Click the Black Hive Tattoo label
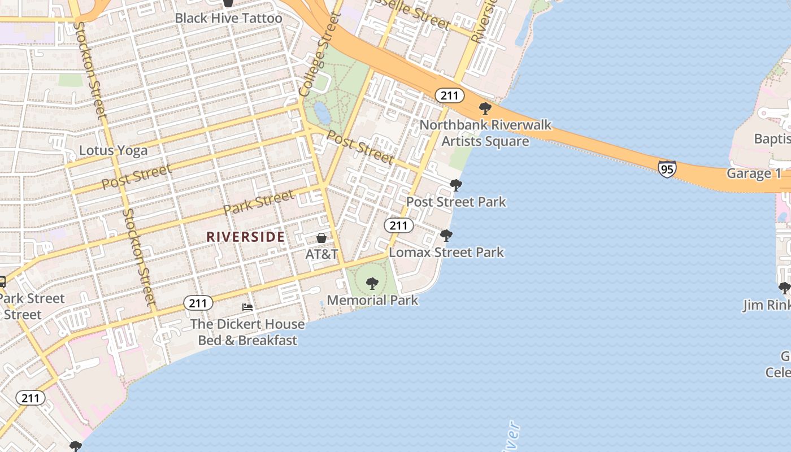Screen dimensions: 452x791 point(228,18)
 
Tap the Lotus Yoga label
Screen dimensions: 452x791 point(113,150)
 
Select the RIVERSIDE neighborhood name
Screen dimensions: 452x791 point(245,237)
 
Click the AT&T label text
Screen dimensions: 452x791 point(321,254)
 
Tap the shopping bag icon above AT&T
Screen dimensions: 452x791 point(321,238)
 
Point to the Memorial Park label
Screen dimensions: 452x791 point(372,300)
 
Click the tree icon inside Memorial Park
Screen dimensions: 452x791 point(372,284)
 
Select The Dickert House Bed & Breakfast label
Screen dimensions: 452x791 point(247,332)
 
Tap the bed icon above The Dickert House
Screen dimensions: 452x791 point(247,307)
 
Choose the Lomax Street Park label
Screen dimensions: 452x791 point(446,252)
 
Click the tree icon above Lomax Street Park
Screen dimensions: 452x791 point(446,236)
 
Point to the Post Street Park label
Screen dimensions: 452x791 point(456,202)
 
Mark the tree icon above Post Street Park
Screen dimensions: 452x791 point(455,185)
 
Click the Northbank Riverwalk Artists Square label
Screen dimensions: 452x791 point(485,133)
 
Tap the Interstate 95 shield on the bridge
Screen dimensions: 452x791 point(667,168)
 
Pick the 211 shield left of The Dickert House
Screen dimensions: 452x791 point(198,303)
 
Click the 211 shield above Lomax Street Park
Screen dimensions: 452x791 point(398,225)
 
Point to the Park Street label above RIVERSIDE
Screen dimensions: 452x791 point(258,203)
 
